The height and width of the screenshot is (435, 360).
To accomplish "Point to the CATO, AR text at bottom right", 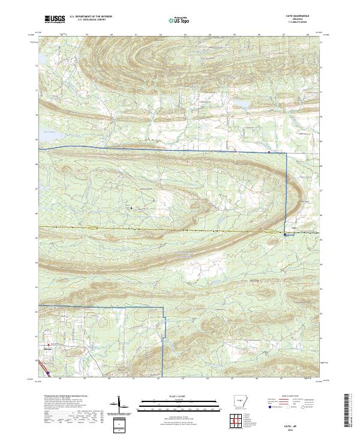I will (301, 422).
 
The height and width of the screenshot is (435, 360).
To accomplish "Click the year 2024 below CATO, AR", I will (301, 427).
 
